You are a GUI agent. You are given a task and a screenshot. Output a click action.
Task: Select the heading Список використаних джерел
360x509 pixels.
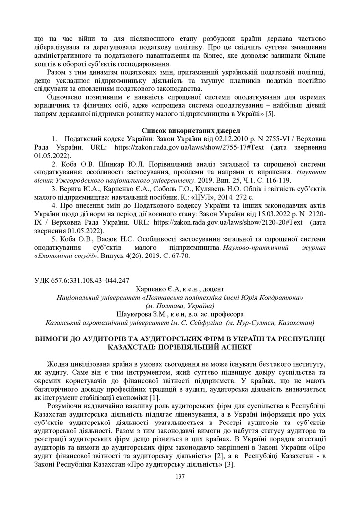click(180, 130)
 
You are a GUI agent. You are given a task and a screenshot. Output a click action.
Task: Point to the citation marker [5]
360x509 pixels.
click(270, 114)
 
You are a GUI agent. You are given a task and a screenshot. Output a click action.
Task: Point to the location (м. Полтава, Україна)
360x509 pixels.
click(180, 305)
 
